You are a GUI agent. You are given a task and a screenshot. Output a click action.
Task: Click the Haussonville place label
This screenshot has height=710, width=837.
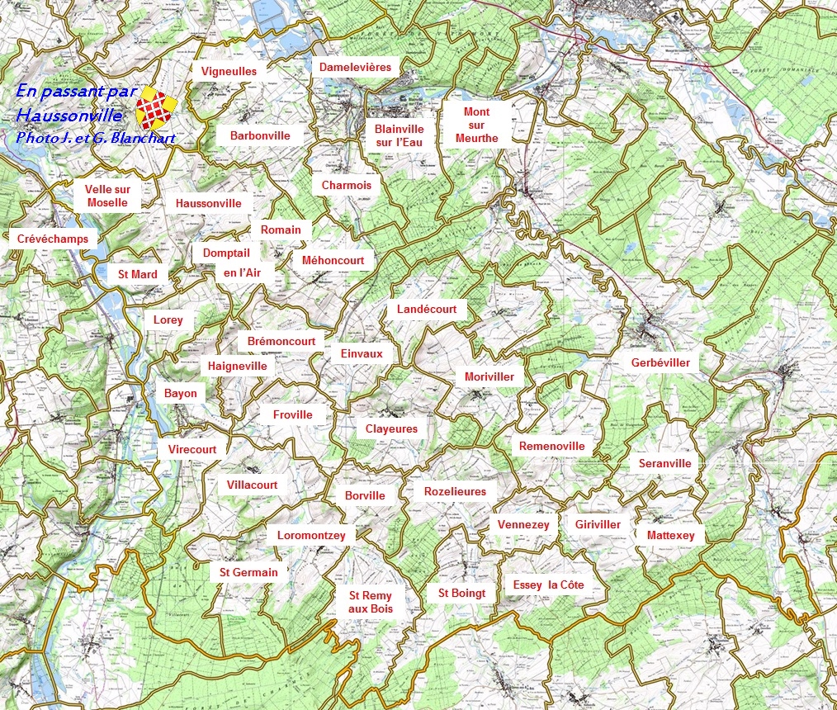pyautogui.click(x=208, y=203)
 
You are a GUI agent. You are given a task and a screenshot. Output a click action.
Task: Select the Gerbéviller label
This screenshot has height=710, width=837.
pyautogui.click(x=660, y=362)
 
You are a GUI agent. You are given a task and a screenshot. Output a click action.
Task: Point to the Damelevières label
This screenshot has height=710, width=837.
pyautogui.click(x=355, y=67)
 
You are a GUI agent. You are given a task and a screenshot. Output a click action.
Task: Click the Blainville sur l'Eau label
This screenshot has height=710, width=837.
pyautogui.click(x=399, y=135)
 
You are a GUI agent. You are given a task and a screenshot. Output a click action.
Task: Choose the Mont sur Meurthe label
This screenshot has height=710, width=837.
pyautogui.click(x=476, y=125)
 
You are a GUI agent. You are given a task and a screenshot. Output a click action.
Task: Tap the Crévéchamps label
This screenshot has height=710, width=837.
pyautogui.click(x=52, y=239)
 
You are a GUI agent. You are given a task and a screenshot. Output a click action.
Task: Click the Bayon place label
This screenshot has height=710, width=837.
pyautogui.click(x=180, y=393)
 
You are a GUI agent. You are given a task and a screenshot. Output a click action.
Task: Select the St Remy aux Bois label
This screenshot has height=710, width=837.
pyautogui.click(x=370, y=602)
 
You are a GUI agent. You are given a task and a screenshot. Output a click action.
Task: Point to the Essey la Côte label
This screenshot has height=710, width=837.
pyautogui.click(x=548, y=585)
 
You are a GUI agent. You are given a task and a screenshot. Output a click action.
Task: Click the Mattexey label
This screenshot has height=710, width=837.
pyautogui.click(x=670, y=535)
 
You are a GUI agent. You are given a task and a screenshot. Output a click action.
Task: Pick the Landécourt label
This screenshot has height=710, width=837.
pyautogui.click(x=426, y=309)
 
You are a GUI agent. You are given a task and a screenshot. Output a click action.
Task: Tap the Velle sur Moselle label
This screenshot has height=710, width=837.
pyautogui.click(x=107, y=196)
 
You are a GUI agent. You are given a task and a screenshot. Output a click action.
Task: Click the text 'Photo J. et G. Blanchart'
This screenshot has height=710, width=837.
pyautogui.click(x=95, y=138)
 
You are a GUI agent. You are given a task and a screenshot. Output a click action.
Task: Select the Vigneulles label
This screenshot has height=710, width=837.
pyautogui.click(x=229, y=71)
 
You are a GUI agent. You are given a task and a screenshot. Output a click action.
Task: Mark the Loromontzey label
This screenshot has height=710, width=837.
pyautogui.click(x=311, y=535)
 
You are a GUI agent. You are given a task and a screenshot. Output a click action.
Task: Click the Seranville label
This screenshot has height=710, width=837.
pyautogui.click(x=664, y=463)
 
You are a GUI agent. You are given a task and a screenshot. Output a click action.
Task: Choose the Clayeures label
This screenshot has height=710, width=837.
pyautogui.click(x=391, y=428)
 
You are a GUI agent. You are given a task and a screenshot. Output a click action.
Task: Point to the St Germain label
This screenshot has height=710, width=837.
pyautogui.click(x=248, y=571)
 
